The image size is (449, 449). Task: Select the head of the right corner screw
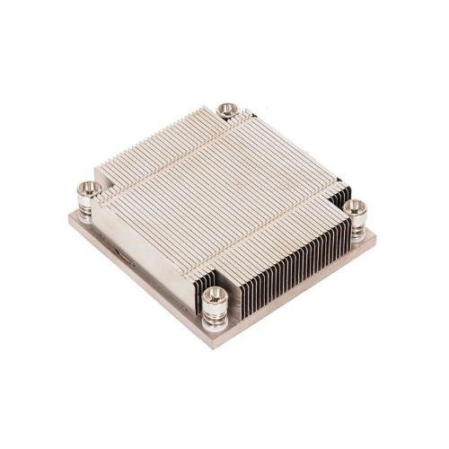357,207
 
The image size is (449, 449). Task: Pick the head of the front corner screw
214,296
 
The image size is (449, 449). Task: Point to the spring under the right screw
357,224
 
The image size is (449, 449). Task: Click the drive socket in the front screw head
214,294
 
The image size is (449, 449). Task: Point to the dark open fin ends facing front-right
287,260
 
